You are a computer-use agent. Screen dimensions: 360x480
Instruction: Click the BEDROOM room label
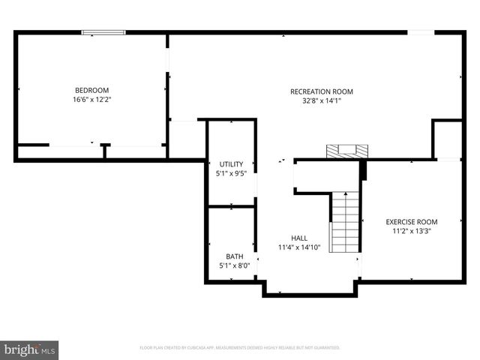coord(91,90)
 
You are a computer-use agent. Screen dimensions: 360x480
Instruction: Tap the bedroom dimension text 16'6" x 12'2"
coord(91,99)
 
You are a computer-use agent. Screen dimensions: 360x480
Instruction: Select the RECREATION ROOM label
coord(321,91)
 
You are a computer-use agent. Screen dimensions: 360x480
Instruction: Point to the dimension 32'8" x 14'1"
coord(321,100)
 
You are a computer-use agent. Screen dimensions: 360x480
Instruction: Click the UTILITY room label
coord(231,164)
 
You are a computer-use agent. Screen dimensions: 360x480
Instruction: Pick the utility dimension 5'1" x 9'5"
coord(231,173)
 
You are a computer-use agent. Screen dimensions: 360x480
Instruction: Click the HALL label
coord(298,238)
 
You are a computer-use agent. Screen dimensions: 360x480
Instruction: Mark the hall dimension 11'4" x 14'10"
coord(298,247)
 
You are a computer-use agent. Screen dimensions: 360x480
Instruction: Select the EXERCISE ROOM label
coord(412,222)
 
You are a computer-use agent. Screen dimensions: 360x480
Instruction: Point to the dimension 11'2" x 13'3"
coord(412,231)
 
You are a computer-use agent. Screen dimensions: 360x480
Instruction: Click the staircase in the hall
coord(346,223)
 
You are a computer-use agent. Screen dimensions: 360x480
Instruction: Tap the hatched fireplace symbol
coord(347,151)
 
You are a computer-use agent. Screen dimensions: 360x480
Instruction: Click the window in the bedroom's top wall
coord(103,31)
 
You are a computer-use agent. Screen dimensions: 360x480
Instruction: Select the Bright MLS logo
coord(29,350)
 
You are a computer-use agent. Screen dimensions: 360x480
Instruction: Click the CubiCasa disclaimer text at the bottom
coord(240,348)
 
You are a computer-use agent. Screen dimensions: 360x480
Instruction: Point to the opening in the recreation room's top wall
coord(420,31)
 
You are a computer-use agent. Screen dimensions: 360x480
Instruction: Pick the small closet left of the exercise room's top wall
coord(447,139)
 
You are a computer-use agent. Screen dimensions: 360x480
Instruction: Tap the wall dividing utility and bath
coord(231,206)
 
